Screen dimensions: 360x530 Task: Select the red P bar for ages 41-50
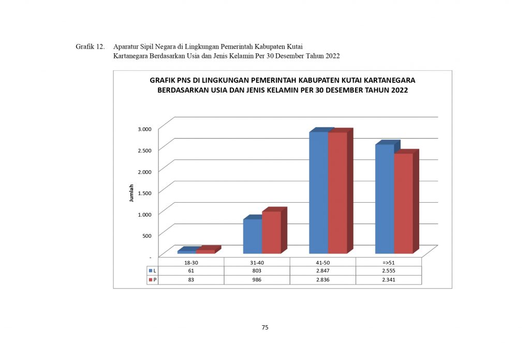pyautogui.click(x=337, y=192)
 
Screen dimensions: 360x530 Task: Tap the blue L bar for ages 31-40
pyautogui.click(x=253, y=236)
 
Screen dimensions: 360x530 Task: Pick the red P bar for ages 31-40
pyautogui.click(x=271, y=232)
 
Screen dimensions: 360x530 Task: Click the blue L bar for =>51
pyautogui.click(x=385, y=199)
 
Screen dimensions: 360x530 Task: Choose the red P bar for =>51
pyautogui.click(x=403, y=203)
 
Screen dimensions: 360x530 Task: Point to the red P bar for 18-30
pyautogui.click(x=205, y=251)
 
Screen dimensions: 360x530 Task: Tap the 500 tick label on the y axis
pyautogui.click(x=146, y=235)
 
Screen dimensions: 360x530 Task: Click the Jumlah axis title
pyautogui.click(x=131, y=192)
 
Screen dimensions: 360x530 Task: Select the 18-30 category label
pyautogui.click(x=191, y=262)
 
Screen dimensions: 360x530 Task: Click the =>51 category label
pyautogui.click(x=389, y=262)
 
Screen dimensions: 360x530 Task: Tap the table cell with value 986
pyautogui.click(x=257, y=280)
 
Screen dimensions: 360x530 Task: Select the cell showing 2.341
pyautogui.click(x=389, y=280)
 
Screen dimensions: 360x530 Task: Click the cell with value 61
pyautogui.click(x=191, y=271)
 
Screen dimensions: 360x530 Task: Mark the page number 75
pyautogui.click(x=265, y=327)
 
